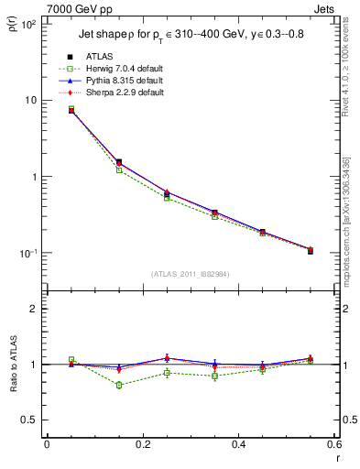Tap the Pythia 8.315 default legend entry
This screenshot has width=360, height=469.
click(117, 82)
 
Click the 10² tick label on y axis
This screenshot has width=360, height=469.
click(27, 24)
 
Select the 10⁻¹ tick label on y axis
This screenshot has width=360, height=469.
click(27, 253)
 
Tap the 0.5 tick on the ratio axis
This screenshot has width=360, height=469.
click(29, 420)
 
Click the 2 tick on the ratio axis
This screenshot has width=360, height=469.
click(33, 309)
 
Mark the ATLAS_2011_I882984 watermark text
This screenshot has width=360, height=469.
click(190, 273)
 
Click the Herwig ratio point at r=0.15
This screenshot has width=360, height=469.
click(119, 385)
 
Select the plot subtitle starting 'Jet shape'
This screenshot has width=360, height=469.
click(189, 38)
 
